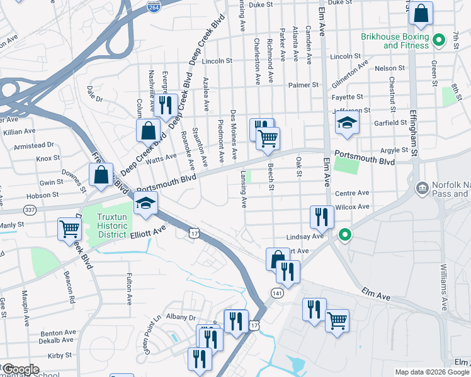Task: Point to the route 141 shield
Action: [x=277, y=293]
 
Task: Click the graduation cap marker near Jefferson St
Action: [x=346, y=124]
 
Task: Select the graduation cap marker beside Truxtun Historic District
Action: [x=145, y=204]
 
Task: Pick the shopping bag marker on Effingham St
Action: [x=421, y=13]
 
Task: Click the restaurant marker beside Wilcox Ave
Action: [x=322, y=217]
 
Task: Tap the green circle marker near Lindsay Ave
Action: [x=344, y=236]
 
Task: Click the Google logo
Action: [x=20, y=369]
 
